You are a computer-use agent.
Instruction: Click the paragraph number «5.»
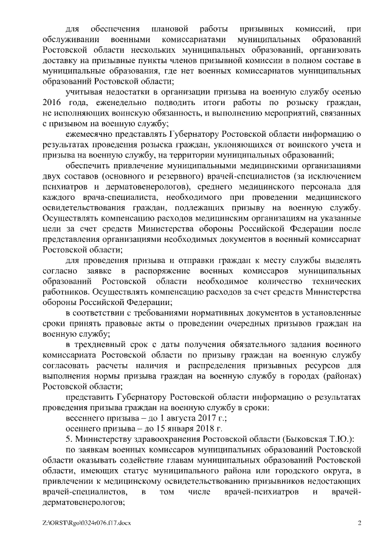pos(69,441)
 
